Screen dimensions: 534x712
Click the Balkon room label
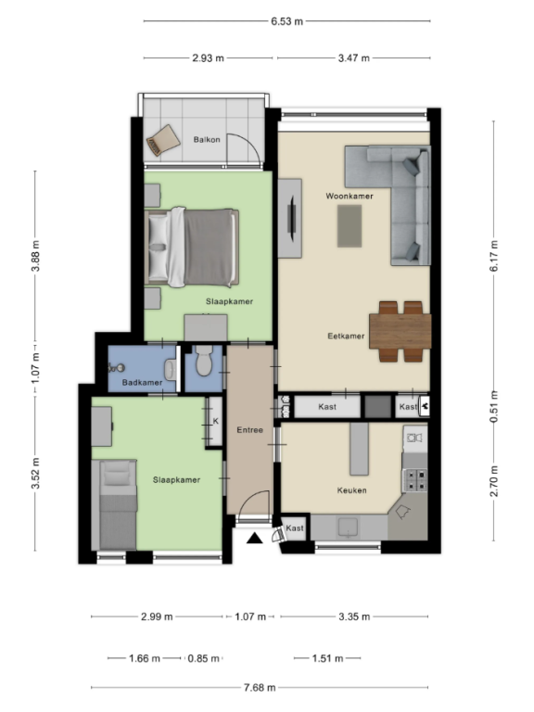coord(207,139)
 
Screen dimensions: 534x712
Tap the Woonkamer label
coord(350,197)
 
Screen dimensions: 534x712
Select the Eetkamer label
coord(346,336)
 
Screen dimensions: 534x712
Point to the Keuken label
coord(352,490)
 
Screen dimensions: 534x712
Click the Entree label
coord(249,430)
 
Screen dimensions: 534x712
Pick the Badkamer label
coord(142,382)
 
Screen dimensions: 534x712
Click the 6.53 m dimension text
coord(287,21)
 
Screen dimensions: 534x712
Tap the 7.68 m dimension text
coord(260,688)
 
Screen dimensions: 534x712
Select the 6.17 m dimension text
coord(494,256)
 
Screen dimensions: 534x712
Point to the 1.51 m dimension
coord(327,658)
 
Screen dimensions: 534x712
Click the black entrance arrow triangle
coord(255,539)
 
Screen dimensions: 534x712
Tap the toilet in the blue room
coord(204,361)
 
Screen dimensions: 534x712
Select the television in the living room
coord(293,218)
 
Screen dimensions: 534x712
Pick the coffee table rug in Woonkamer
coord(350,226)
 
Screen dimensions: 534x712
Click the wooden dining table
coord(400,331)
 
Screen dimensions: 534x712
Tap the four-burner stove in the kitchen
coord(415,480)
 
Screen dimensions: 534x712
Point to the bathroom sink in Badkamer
coord(171,370)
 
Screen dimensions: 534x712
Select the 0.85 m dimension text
coord(204,658)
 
